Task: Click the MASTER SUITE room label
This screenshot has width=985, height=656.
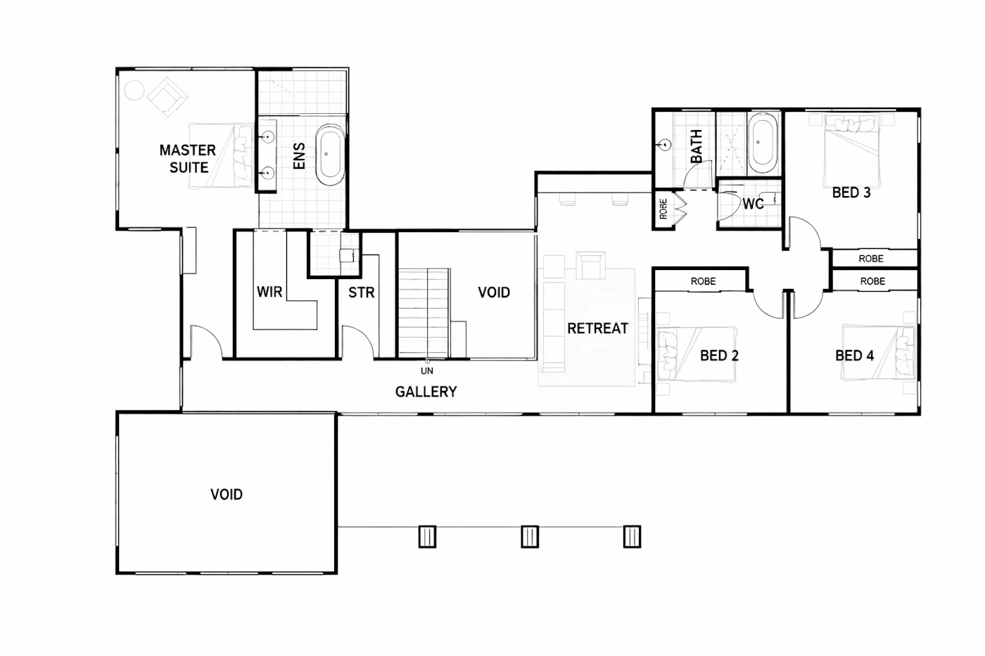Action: pyautogui.click(x=188, y=159)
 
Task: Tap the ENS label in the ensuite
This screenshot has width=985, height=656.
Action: pyautogui.click(x=299, y=155)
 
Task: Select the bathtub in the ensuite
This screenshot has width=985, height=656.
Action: pyautogui.click(x=331, y=155)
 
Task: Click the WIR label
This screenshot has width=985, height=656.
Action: pyautogui.click(x=269, y=291)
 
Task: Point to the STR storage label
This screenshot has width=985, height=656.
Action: pyautogui.click(x=362, y=292)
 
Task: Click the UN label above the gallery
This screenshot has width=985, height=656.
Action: pyautogui.click(x=426, y=371)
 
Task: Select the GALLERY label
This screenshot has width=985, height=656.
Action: pyautogui.click(x=426, y=392)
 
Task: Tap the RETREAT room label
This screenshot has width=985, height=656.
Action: pyautogui.click(x=597, y=328)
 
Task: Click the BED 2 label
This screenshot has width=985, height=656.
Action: pyautogui.click(x=719, y=356)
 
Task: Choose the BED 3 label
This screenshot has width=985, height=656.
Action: pyautogui.click(x=851, y=193)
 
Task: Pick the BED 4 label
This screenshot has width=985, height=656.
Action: pyautogui.click(x=854, y=356)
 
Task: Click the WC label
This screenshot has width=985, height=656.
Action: pyautogui.click(x=753, y=204)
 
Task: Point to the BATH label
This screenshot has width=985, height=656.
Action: pyautogui.click(x=697, y=146)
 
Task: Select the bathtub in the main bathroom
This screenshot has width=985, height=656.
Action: pyautogui.click(x=763, y=143)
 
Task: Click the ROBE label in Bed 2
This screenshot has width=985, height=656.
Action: pyautogui.click(x=703, y=281)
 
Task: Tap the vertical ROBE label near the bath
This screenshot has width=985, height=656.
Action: pyautogui.click(x=663, y=209)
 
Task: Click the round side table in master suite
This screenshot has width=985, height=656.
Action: pyautogui.click(x=134, y=91)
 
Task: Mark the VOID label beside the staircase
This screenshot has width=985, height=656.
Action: pyautogui.click(x=494, y=292)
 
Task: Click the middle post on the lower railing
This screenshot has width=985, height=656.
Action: pyautogui.click(x=530, y=536)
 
